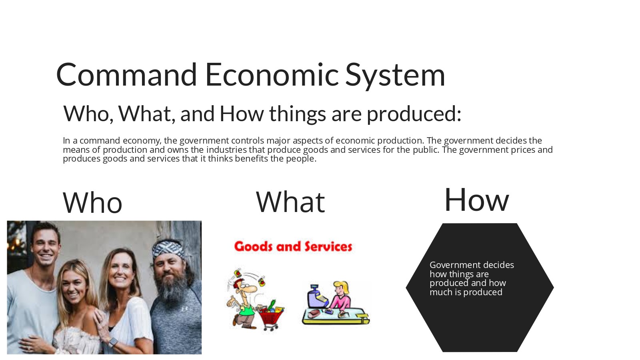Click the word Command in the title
tap(126, 75)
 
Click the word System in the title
tap(395, 75)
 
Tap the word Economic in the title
tap(272, 75)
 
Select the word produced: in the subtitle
tap(414, 114)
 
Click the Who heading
tap(92, 203)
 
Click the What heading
tap(290, 202)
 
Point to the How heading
tap(476, 200)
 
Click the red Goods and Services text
tap(293, 246)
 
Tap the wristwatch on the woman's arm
tap(113, 342)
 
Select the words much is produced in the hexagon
tap(466, 292)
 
